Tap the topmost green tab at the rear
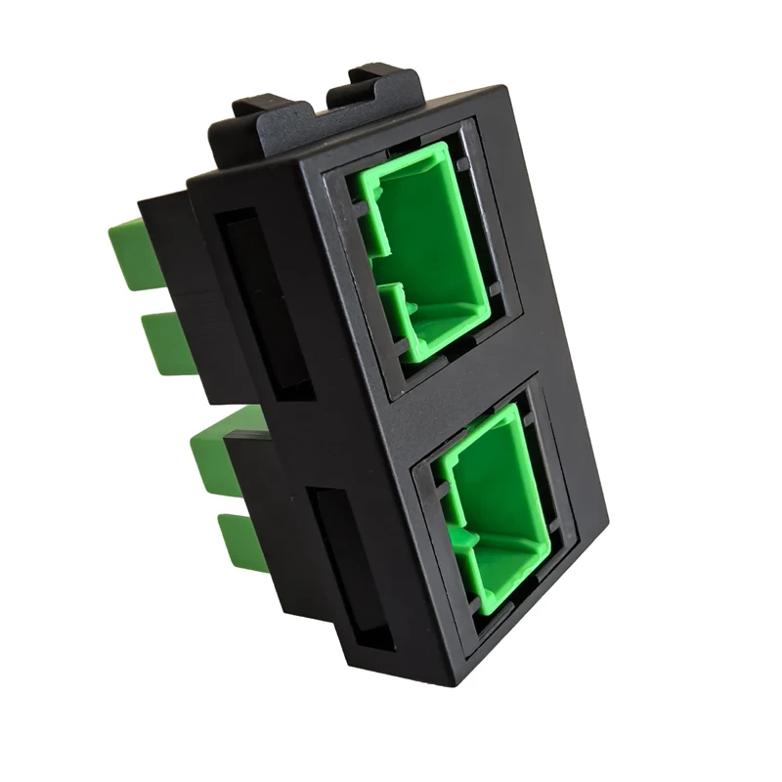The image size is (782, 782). click(132, 254)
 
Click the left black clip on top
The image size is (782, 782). click(264, 122)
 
